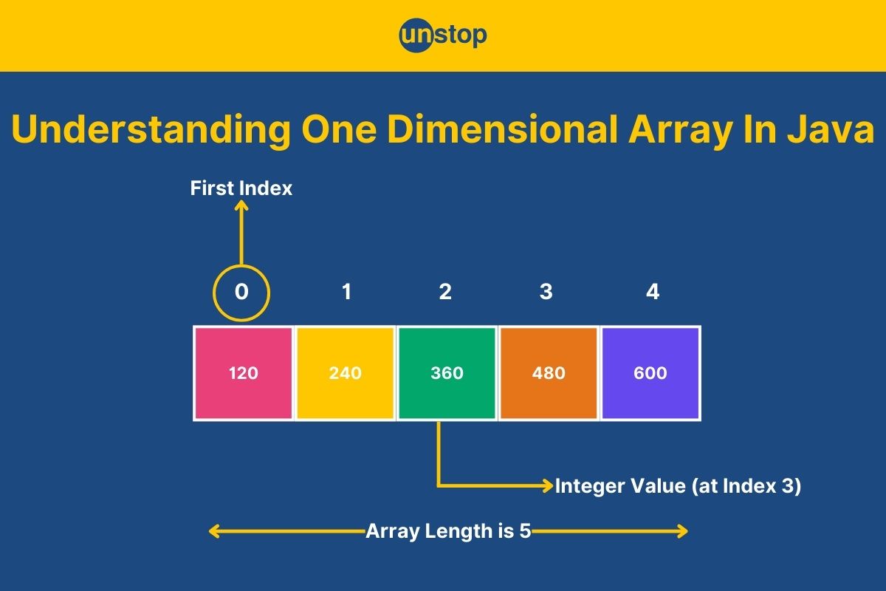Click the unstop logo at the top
click(x=443, y=35)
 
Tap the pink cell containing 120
click(x=244, y=373)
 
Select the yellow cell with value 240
click(x=346, y=373)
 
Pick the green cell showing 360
click(x=447, y=373)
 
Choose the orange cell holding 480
click(x=549, y=373)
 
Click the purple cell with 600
click(x=650, y=373)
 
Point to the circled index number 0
click(x=241, y=292)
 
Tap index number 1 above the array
click(x=346, y=292)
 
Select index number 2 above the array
click(x=445, y=292)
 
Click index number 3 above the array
click(x=546, y=292)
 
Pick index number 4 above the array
click(x=653, y=292)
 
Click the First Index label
click(x=241, y=188)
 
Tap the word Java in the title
click(x=831, y=129)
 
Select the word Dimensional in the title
click(x=502, y=129)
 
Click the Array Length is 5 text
click(x=448, y=531)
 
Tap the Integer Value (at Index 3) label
click(x=678, y=486)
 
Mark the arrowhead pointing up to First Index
click(x=241, y=205)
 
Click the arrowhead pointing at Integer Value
click(x=548, y=485)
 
